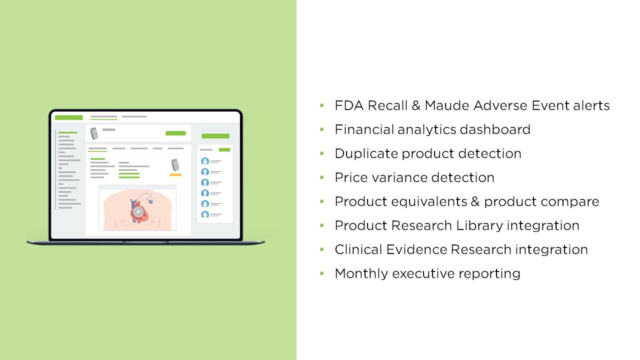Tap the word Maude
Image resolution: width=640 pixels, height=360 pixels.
[x=447, y=105]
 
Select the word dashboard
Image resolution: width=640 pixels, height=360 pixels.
[x=495, y=129]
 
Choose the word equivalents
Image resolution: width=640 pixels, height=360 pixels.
[x=429, y=202]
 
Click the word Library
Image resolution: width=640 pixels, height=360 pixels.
[x=479, y=226]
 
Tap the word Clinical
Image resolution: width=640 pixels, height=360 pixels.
[x=358, y=249]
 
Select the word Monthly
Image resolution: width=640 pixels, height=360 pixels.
[x=361, y=273]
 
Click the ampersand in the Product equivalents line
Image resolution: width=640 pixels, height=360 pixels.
[x=475, y=201]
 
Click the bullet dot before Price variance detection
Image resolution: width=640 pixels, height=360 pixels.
[x=322, y=177]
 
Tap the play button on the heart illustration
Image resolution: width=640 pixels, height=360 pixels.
[x=138, y=211]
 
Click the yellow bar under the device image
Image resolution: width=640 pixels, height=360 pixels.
[x=175, y=174]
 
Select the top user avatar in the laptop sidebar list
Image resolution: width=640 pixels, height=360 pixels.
[x=205, y=161]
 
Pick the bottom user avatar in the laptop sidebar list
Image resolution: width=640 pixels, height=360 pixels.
[x=205, y=214]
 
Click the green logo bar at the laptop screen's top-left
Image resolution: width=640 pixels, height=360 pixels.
[x=69, y=117]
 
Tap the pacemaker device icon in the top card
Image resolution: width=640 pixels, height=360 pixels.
[x=94, y=133]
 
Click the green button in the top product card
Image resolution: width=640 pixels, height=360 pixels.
[x=175, y=133]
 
